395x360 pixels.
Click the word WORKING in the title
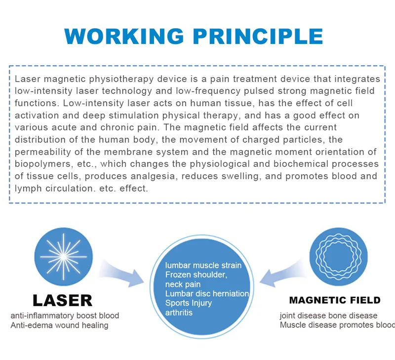(x=124, y=36)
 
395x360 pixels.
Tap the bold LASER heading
(x=63, y=300)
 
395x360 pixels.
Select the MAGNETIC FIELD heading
(x=335, y=300)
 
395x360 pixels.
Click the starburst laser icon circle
(x=64, y=257)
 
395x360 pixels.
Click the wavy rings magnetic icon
(x=339, y=257)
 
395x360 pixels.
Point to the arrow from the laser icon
(x=121, y=274)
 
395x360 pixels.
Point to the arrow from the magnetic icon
(x=282, y=274)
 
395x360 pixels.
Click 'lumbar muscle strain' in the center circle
(x=203, y=265)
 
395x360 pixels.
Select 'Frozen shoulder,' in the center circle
(x=196, y=275)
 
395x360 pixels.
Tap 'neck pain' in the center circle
(x=183, y=284)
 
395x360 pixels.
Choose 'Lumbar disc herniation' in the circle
(x=207, y=293)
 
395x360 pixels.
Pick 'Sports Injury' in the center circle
(x=189, y=303)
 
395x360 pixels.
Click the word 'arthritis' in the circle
(x=179, y=313)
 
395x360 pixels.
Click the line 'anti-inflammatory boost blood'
(x=65, y=316)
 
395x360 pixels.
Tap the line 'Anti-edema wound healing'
(x=59, y=325)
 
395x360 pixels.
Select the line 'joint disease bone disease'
(x=328, y=316)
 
